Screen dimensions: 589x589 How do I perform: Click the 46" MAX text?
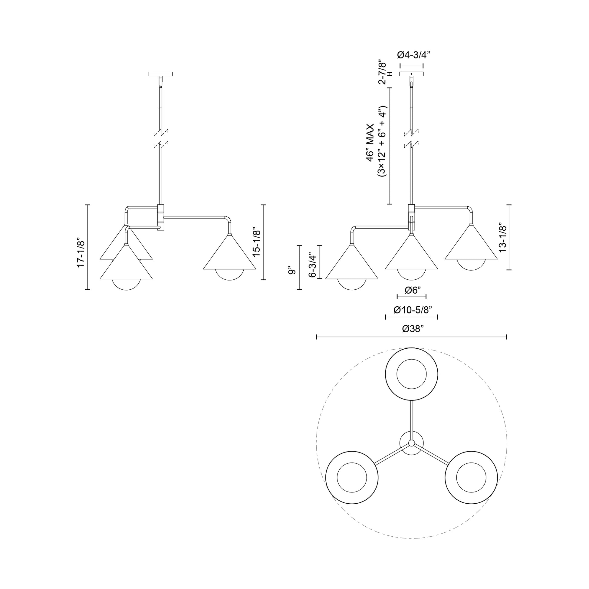tap(370, 142)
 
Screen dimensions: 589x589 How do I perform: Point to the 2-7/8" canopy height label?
tap(382, 73)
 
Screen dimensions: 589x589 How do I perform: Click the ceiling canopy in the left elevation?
tap(161, 74)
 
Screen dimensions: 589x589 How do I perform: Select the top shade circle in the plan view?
tap(411, 374)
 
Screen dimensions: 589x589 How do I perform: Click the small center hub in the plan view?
tap(411, 443)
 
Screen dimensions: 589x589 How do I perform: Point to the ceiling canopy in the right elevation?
tap(411, 74)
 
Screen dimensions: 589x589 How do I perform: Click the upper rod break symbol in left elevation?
tap(161, 132)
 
